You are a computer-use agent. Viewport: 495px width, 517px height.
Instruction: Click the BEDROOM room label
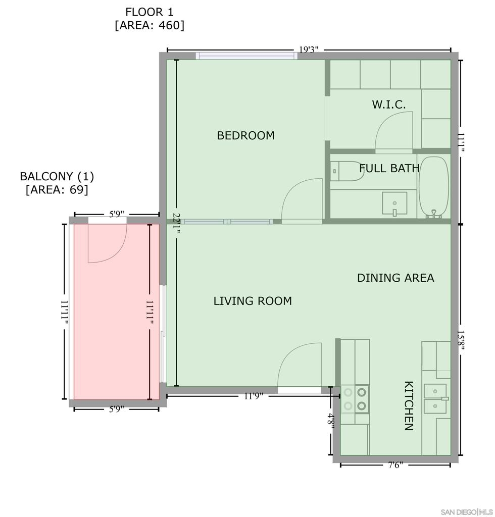(245, 135)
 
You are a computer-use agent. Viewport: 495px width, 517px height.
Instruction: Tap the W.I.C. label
(389, 105)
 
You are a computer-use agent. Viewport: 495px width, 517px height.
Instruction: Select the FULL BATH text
(389, 168)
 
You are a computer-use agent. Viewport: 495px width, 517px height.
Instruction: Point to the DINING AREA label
(395, 278)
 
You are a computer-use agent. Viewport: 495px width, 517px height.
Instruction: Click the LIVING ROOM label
(253, 301)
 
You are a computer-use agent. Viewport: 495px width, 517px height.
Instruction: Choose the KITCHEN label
(409, 405)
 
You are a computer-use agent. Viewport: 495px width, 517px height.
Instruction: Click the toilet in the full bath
(346, 171)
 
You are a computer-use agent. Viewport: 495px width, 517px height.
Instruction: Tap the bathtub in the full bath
(434, 187)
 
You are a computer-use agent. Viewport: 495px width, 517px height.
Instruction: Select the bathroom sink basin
(394, 203)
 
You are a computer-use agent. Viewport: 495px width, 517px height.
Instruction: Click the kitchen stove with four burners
(355, 399)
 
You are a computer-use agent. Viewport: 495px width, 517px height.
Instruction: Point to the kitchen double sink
(435, 398)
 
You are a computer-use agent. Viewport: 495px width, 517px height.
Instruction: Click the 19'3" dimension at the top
(309, 50)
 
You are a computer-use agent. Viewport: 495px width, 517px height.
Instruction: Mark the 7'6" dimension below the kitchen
(395, 465)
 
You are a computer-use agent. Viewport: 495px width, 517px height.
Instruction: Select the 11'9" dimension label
(253, 396)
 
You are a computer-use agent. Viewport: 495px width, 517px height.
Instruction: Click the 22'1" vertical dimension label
(176, 223)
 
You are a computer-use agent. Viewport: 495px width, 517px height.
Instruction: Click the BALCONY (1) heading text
(57, 176)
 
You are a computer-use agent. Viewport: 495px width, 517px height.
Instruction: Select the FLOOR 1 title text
(149, 12)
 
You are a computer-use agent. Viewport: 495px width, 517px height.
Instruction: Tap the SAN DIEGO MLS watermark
(467, 512)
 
